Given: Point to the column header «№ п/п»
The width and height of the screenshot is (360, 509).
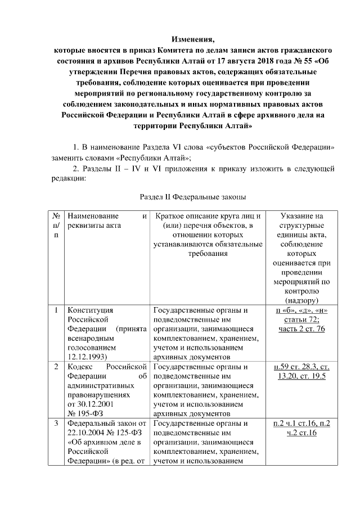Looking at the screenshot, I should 56,224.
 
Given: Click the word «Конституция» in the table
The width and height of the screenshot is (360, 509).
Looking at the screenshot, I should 91,310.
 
